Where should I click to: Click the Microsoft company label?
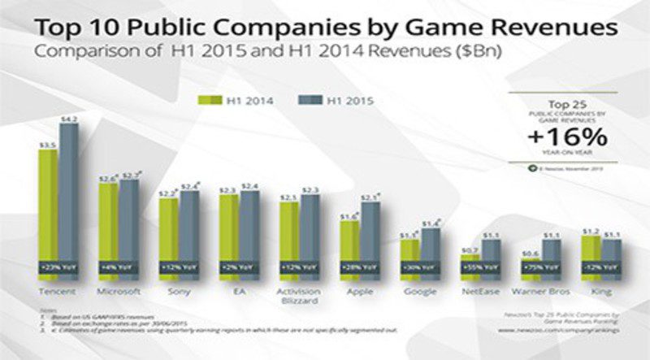[119, 289]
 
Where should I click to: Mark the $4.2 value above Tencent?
[70, 119]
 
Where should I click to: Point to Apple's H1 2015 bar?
[369, 236]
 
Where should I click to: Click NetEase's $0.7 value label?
[469, 249]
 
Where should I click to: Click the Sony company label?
[180, 289]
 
